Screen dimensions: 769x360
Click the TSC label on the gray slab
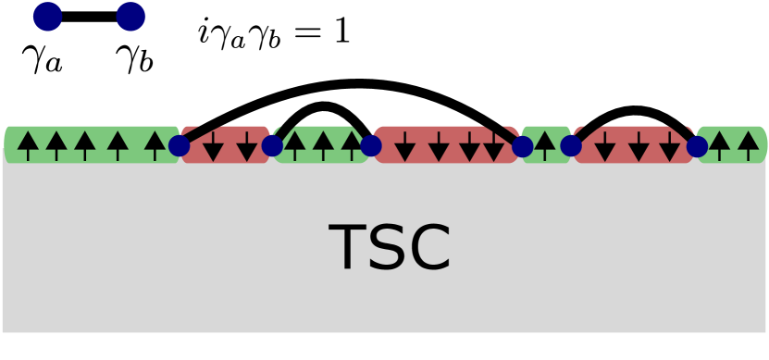click(389, 248)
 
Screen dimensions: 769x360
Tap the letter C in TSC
click(427, 248)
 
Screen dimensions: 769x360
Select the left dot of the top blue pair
click(47, 16)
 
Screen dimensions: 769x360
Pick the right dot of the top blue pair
click(130, 16)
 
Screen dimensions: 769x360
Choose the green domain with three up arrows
click(321, 144)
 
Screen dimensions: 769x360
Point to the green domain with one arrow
click(546, 145)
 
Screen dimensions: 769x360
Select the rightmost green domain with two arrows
click(732, 144)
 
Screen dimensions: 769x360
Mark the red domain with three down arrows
click(634, 145)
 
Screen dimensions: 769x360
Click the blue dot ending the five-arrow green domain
click(179, 145)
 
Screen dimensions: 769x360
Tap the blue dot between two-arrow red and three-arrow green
click(272, 145)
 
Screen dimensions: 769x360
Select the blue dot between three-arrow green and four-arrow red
click(370, 145)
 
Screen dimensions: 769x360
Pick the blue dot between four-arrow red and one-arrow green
click(522, 146)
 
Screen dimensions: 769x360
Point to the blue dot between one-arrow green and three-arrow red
click(571, 145)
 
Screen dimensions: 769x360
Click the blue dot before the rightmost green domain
click(697, 146)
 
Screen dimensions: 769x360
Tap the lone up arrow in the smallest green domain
click(545, 144)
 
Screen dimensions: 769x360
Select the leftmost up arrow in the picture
click(28, 144)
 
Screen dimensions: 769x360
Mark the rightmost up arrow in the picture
click(748, 144)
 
